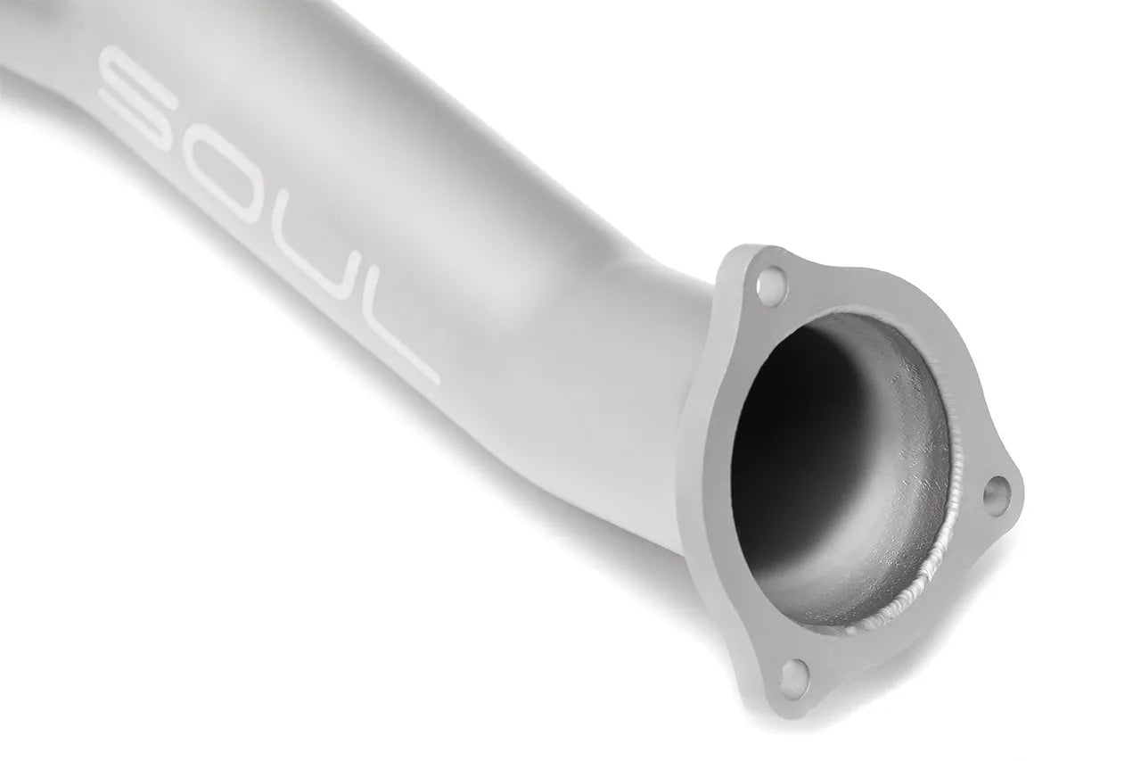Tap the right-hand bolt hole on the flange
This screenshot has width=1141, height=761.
997,491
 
